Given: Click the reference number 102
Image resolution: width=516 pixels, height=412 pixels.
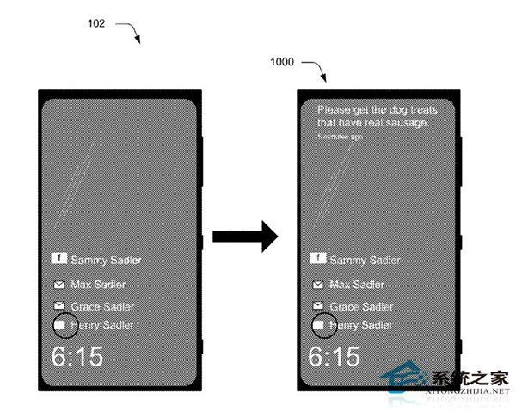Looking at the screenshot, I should point(96,24).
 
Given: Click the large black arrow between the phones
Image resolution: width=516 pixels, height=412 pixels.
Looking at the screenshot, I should point(245,237).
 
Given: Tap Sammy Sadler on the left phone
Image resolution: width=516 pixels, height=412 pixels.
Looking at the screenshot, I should point(106,259).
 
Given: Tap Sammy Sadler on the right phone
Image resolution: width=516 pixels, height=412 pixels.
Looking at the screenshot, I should point(365,259).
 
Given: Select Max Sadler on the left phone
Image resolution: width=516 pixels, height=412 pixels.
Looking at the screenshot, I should point(99,285).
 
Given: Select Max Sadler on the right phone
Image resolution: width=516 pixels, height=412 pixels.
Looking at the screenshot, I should point(357,285).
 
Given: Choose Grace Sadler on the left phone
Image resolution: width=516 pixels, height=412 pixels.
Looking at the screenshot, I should point(101,306).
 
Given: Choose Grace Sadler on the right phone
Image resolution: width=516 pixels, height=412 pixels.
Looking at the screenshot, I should point(360,306).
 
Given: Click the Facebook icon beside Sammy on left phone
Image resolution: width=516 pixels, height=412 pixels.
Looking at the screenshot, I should point(59,257).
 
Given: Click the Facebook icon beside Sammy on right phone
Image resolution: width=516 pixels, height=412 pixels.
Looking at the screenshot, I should point(316,257).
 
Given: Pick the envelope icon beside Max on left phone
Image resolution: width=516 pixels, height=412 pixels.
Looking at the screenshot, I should point(59,285).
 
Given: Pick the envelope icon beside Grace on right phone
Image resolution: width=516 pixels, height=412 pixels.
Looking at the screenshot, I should point(317,306).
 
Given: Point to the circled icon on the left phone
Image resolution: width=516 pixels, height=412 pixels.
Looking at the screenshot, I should point(61,325).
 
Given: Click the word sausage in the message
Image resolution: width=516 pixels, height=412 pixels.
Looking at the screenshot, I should point(406,123).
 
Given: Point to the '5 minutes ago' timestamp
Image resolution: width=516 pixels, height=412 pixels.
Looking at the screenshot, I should point(338,136).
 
